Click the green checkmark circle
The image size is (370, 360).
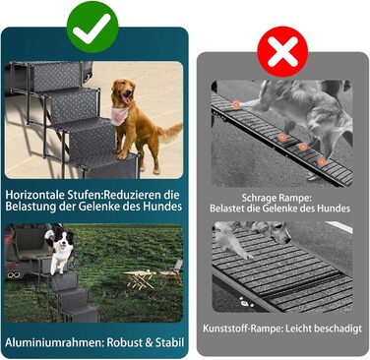(92, 27)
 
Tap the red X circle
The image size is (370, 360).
(282, 52)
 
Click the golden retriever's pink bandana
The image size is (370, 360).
(119, 114)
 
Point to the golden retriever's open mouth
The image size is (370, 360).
(126, 98)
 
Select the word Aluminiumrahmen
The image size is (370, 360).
(54, 342)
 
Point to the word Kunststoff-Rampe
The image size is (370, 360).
(242, 329)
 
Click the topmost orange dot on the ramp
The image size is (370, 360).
(236, 105)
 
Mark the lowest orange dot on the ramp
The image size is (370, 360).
(322, 161)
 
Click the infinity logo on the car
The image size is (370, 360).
(12, 274)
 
